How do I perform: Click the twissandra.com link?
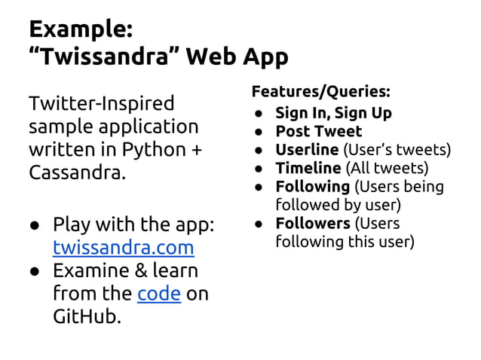pos(123,248)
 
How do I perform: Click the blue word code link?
pos(158,293)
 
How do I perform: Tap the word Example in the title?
pos(80,29)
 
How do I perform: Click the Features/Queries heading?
pos(320,92)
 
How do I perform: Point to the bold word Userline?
pos(306,149)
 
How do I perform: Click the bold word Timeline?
pos(308,167)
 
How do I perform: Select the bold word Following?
pos(312,186)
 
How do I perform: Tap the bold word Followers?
pos(312,223)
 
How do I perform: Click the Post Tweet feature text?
pos(318,131)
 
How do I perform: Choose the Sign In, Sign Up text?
pos(333,113)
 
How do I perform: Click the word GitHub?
pos(86,316)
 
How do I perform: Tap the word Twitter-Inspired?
pos(101,102)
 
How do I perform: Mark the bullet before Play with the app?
pos(35,225)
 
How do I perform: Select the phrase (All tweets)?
pos(385,167)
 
